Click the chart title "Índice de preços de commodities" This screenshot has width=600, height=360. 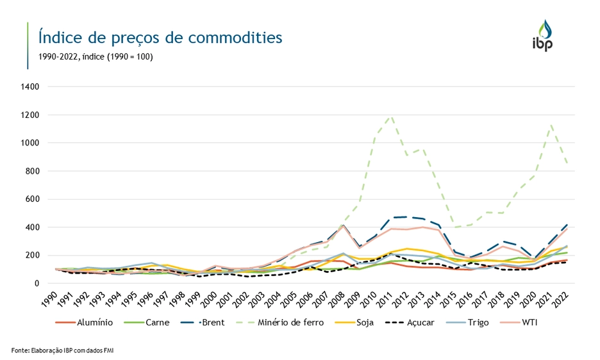point(160,37)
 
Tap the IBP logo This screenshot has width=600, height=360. point(542,36)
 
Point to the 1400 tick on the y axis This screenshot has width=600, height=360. point(31,86)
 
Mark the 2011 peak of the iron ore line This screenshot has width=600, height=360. point(390,117)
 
